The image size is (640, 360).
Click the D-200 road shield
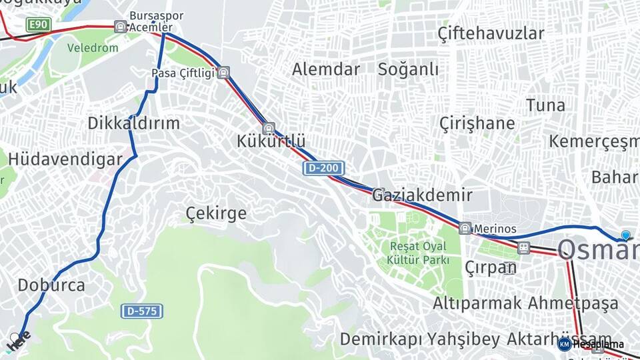pos(324,168)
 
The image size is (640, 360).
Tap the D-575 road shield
pos(142,311)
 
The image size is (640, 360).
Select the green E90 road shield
pos(39,25)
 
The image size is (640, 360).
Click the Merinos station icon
pos(465,228)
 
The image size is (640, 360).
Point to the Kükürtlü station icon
pos(269,128)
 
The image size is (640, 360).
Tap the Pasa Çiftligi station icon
pos(223,73)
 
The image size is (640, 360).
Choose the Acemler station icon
pos(120,27)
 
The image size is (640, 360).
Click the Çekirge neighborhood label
pos(215,213)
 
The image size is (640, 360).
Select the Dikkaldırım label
pos(134,123)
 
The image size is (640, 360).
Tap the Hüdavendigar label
pos(65,159)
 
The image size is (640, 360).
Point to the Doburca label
pos(51,285)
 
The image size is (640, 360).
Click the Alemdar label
pos(326,69)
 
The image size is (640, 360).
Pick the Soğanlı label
pos(408,69)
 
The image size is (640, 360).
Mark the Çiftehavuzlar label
pos(491,33)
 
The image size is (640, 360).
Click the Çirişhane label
pos(477,123)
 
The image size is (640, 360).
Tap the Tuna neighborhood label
pos(545,105)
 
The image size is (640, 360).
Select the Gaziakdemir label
pos(422,195)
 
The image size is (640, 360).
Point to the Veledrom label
pos(93,48)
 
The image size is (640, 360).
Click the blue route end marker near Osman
pos(625,235)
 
